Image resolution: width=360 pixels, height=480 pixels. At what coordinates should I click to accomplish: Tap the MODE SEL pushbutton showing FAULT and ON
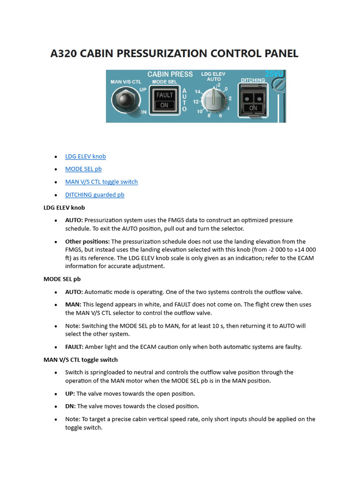click(x=164, y=100)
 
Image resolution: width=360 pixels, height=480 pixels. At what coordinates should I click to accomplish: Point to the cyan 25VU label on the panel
click(x=274, y=74)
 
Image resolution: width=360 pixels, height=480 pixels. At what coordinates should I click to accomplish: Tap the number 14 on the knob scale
click(x=198, y=91)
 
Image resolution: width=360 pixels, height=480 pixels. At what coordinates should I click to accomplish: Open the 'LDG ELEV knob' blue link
click(x=85, y=157)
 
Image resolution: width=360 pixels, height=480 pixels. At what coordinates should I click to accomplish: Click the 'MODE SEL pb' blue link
click(x=83, y=169)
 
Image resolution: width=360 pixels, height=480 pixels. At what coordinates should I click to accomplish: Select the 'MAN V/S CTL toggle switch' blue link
click(x=101, y=182)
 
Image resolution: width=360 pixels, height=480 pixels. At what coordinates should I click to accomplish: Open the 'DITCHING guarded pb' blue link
click(x=95, y=195)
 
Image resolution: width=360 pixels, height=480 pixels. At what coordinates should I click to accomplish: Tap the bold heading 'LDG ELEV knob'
click(x=64, y=207)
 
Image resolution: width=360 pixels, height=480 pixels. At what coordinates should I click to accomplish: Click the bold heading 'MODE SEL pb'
click(x=62, y=279)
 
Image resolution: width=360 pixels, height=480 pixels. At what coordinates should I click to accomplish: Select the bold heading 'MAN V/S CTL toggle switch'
click(x=81, y=360)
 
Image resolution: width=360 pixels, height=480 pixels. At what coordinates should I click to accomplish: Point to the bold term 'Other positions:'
click(x=88, y=241)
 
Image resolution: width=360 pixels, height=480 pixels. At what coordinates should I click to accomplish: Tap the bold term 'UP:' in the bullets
click(x=70, y=394)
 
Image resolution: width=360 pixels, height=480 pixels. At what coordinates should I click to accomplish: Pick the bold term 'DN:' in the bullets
click(x=70, y=406)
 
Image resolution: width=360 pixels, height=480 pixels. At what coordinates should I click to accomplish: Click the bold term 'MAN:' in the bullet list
click(x=73, y=304)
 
